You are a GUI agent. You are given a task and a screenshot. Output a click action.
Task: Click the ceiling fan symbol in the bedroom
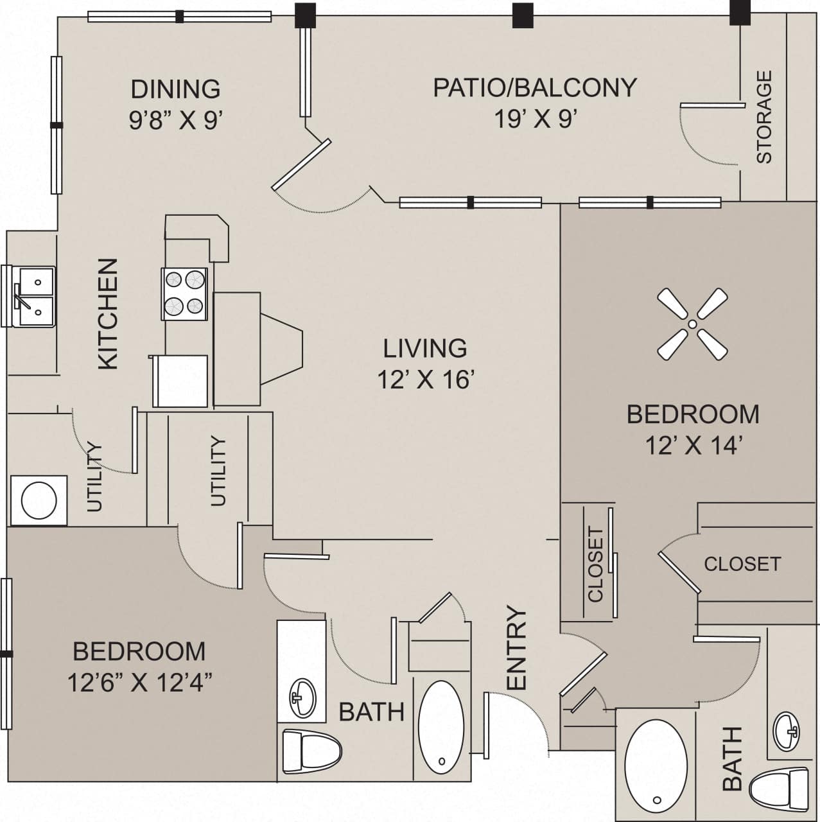(692, 324)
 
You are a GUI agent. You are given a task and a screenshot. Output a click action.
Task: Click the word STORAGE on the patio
(764, 117)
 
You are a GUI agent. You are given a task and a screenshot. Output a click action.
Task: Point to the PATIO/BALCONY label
(534, 87)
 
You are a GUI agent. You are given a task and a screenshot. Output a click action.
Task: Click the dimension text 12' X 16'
(425, 380)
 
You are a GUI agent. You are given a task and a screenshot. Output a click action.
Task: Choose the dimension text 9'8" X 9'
(175, 120)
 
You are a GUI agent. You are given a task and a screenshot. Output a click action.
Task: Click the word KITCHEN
(109, 313)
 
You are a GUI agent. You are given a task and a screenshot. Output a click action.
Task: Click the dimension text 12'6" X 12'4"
(139, 683)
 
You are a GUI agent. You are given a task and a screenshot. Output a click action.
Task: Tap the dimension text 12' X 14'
(693, 445)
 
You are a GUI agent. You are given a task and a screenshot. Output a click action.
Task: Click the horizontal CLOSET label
(742, 563)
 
